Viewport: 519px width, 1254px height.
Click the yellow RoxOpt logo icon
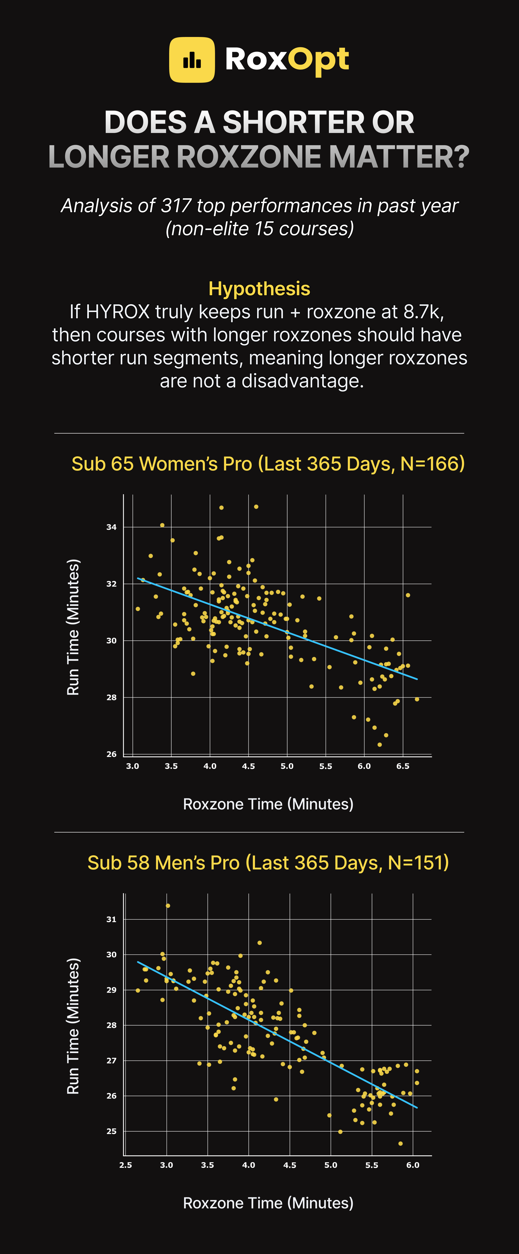[x=192, y=60]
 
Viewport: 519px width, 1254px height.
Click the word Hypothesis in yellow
[x=259, y=289]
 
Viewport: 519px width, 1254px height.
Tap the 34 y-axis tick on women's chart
[x=111, y=527]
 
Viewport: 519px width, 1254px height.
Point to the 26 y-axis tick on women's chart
[x=111, y=754]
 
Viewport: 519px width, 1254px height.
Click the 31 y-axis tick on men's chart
[x=111, y=919]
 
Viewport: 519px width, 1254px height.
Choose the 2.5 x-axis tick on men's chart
[x=126, y=1165]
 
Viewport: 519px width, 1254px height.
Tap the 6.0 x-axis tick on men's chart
[x=413, y=1165]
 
